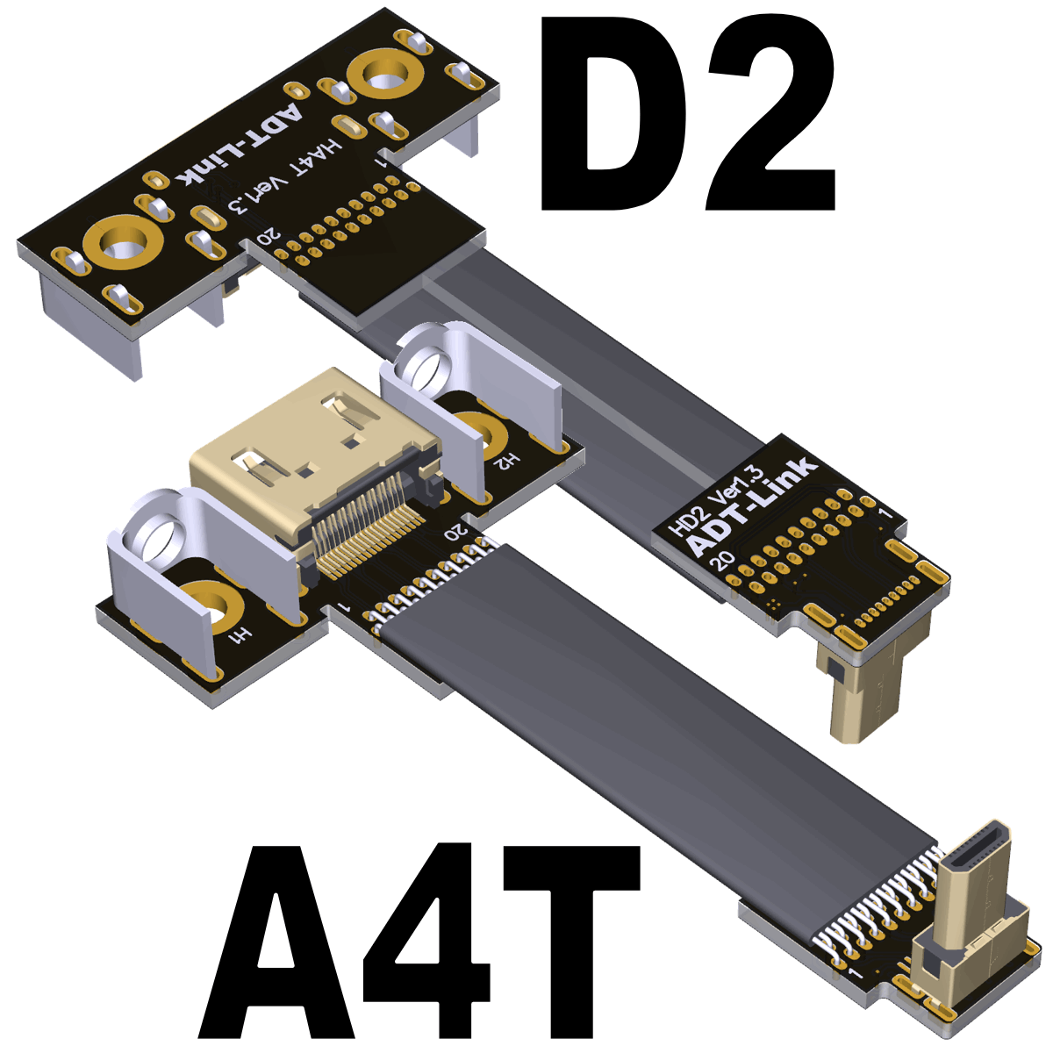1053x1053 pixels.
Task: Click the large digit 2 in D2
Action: point(771,115)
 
